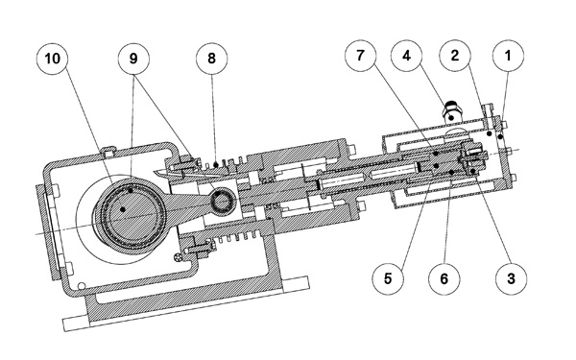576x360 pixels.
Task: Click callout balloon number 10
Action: pos(53,59)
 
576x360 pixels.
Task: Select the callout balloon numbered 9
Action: pos(133,59)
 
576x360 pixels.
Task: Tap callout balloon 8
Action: pos(211,59)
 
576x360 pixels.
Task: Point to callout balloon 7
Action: pos(360,56)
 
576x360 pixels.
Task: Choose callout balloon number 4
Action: pos(406,56)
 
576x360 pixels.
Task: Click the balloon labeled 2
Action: pos(455,56)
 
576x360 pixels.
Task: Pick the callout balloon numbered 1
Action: pos(508,56)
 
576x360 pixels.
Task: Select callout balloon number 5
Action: pos(388,278)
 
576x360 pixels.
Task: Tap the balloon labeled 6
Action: pos(444,278)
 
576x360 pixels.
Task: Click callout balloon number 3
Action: pos(511,278)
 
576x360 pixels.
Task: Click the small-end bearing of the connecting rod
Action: pos(223,200)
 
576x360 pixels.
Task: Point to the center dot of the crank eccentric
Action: pos(123,209)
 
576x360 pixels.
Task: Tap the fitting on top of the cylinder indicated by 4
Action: pos(451,113)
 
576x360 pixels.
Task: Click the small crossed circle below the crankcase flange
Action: pos(179,257)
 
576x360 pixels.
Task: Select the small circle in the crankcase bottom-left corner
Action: pos(82,286)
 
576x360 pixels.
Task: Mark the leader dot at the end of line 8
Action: pos(216,164)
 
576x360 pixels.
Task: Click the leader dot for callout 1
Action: pos(500,137)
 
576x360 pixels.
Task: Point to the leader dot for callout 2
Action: pos(489,134)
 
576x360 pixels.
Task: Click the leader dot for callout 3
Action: pos(473,171)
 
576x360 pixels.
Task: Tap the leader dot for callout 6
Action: pos(451,172)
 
